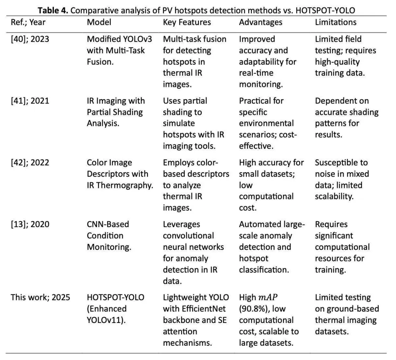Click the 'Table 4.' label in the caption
(54, 10)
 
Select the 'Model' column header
(99, 22)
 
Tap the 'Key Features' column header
(187, 22)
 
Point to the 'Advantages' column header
(261, 22)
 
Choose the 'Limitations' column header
(335, 22)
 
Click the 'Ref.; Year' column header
(27, 22)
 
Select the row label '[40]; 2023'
(30, 39)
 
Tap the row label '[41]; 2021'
(30, 101)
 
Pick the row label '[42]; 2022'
(30, 163)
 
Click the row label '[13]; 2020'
(30, 224)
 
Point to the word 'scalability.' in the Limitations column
(334, 197)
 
